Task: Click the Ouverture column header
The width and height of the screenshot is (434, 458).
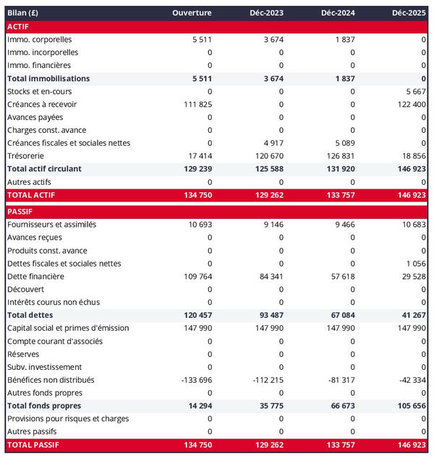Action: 192,14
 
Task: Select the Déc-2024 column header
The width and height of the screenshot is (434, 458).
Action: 336,14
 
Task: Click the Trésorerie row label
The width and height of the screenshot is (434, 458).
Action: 27,156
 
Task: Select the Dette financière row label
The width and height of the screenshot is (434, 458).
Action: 35,277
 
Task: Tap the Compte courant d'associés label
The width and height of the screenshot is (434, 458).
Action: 54,341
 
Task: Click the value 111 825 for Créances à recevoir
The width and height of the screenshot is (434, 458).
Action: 197,105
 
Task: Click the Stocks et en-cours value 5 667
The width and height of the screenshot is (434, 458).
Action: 414,92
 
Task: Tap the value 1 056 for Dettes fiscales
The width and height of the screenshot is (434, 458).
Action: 415,264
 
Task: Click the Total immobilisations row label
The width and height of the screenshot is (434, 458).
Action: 48,79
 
